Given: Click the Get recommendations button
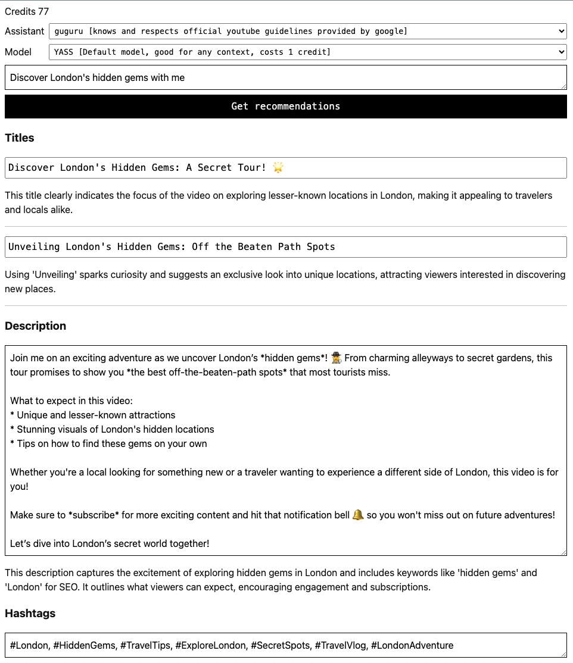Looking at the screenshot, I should pyautogui.click(x=286, y=107).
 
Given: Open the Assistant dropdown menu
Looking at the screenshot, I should pyautogui.click(x=307, y=31).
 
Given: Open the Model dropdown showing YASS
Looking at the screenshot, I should pyautogui.click(x=307, y=52).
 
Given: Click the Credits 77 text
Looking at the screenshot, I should pyautogui.click(x=27, y=11).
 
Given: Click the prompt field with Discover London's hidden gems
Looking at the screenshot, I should pyautogui.click(x=286, y=77).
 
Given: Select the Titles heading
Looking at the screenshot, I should pyautogui.click(x=20, y=138).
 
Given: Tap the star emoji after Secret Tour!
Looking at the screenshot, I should pyautogui.click(x=278, y=168).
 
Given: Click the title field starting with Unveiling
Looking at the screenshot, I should pyautogui.click(x=286, y=247).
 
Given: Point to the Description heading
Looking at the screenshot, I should pyautogui.click(x=36, y=326).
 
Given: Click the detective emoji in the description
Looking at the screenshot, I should pyautogui.click(x=337, y=358).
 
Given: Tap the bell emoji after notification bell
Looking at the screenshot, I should pyautogui.click(x=358, y=515).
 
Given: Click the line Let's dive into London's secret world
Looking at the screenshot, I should pyautogui.click(x=110, y=544).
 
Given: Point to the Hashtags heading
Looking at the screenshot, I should pyautogui.click(x=30, y=614).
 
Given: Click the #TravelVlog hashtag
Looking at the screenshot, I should pyautogui.click(x=340, y=646).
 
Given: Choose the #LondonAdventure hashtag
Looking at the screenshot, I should pyautogui.click(x=412, y=646).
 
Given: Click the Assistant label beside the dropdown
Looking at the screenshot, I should pyautogui.click(x=24, y=31).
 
